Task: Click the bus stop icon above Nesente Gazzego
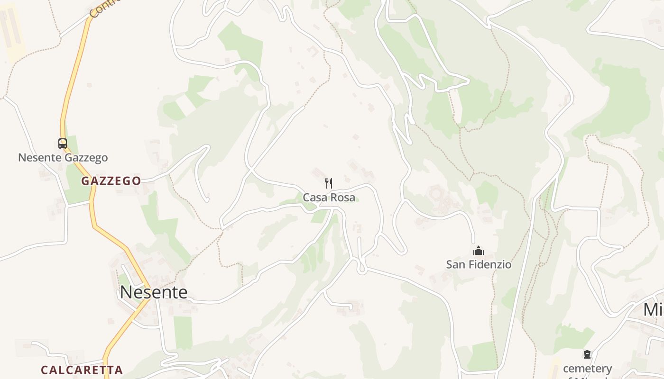pos(63,143)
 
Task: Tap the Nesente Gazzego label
pos(63,157)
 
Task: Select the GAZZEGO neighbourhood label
pos(111,180)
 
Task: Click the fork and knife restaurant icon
pos(329,183)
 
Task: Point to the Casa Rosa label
pos(329,197)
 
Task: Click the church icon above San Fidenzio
pos(479,251)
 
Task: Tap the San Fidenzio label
pos(479,264)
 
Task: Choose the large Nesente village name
pos(154,292)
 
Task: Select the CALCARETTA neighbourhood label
pos(82,370)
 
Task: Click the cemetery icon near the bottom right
pos(587,354)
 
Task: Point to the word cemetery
pos(587,368)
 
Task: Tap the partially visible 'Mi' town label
pos(654,309)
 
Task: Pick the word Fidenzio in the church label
pos(489,264)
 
